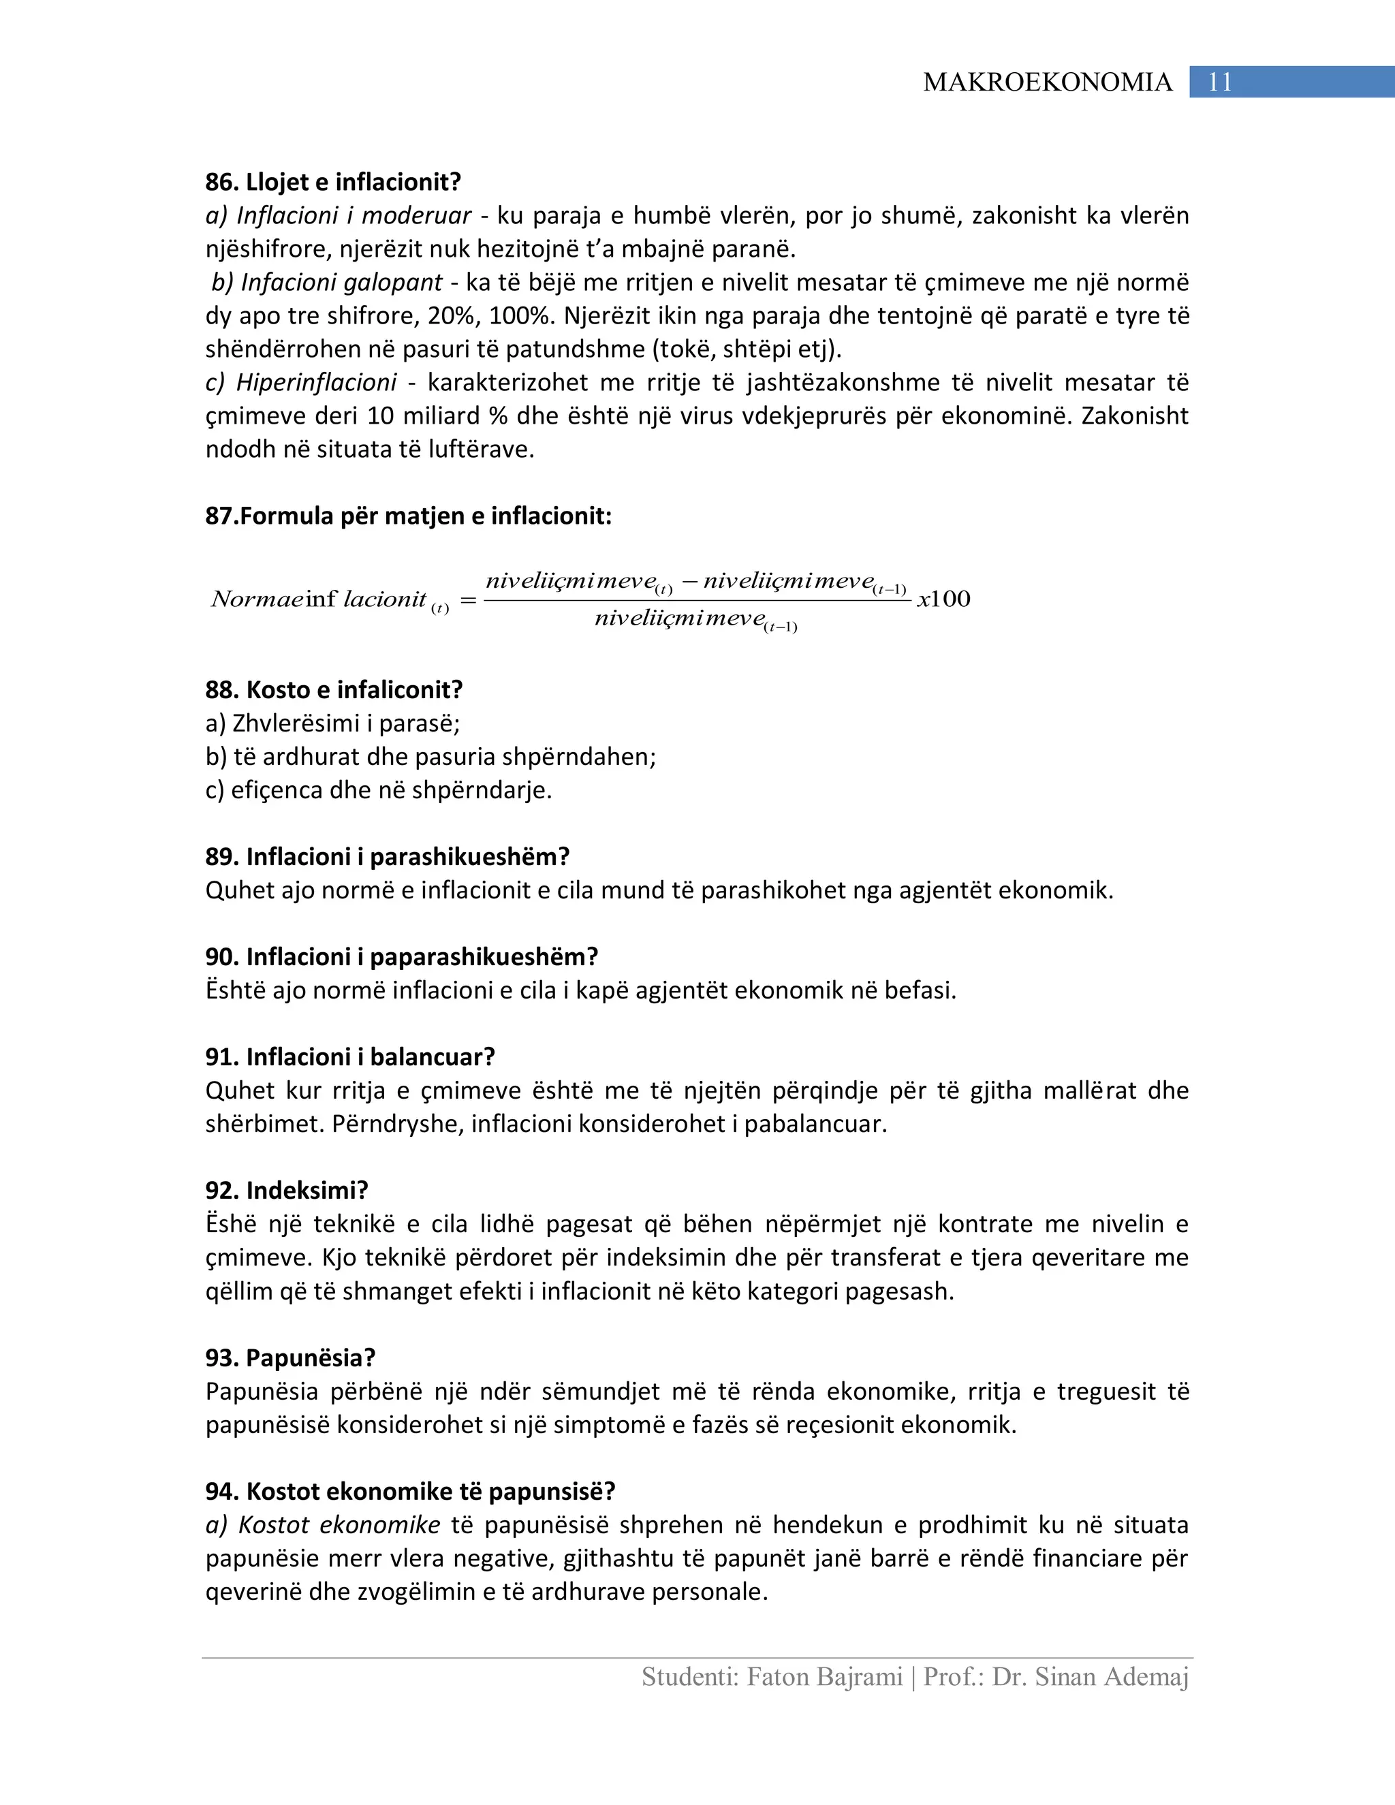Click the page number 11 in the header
tap(1220, 82)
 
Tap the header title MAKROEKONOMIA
tap(1047, 82)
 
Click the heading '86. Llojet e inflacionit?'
tap(333, 182)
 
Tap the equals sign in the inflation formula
tap(468, 601)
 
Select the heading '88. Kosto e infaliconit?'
tap(334, 689)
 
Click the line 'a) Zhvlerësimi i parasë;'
tap(332, 723)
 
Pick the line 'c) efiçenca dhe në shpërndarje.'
tap(379, 790)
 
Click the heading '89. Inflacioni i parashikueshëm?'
tap(388, 856)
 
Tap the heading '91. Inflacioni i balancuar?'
tap(350, 1057)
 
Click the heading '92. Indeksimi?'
tap(287, 1190)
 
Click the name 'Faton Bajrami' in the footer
tap(824, 1677)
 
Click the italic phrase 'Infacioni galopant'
tap(341, 283)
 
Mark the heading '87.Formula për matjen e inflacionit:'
tap(408, 516)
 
